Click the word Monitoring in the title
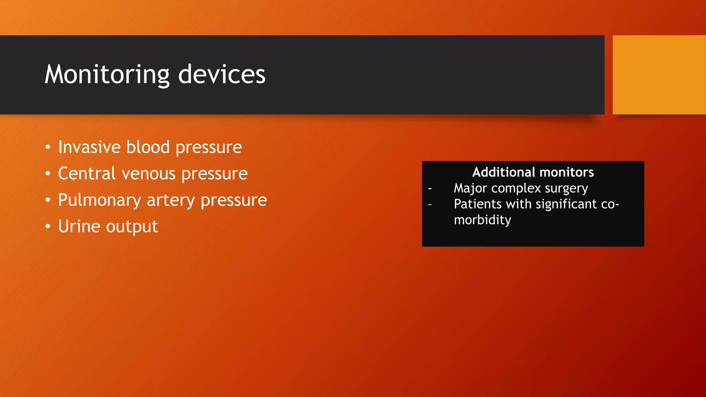(x=107, y=74)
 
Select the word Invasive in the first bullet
(x=89, y=147)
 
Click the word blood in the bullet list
(x=148, y=147)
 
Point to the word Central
(x=87, y=173)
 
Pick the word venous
(x=149, y=173)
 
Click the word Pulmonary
(x=99, y=200)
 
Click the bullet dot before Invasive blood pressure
(x=48, y=147)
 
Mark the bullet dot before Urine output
(x=48, y=227)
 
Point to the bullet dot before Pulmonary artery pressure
(x=48, y=200)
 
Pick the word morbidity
(x=482, y=220)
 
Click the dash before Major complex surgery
(x=430, y=189)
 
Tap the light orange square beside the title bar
(x=659, y=74)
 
